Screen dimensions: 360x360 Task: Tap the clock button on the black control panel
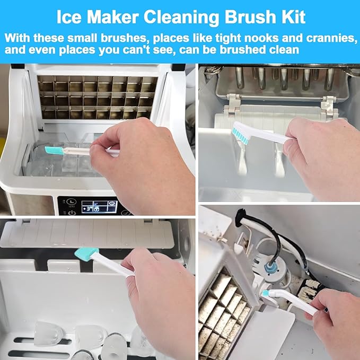click(x=71, y=203)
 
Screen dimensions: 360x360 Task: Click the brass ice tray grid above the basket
click(x=98, y=97)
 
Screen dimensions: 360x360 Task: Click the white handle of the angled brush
click(x=295, y=302)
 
